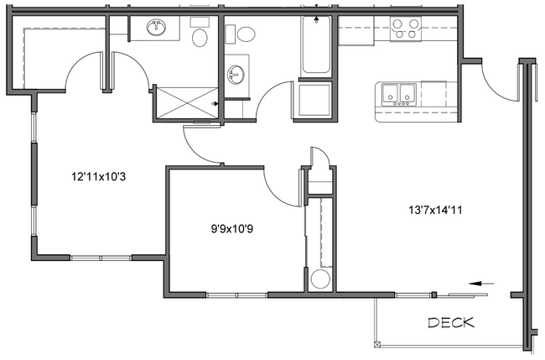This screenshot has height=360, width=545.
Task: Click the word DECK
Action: [x=451, y=322]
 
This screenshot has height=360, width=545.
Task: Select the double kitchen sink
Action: [x=400, y=93]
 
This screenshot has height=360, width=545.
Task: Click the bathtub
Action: [x=318, y=47]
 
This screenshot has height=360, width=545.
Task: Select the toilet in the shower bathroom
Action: [x=200, y=38]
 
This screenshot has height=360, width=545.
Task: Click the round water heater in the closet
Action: [x=319, y=279]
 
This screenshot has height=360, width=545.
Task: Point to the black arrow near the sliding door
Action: [x=480, y=284]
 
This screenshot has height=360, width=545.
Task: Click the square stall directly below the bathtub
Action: [x=314, y=102]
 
